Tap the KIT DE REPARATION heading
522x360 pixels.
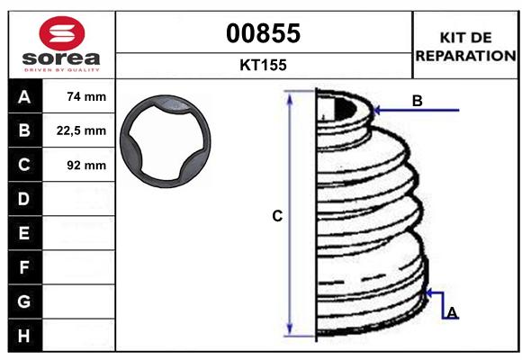tap(464, 46)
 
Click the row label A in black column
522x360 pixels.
tap(23, 97)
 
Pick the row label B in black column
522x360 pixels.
tap(23, 130)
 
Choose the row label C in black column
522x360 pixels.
tap(23, 165)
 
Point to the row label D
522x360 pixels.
tap(23, 199)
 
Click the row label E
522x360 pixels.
tap(23, 233)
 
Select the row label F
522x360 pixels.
tap(23, 267)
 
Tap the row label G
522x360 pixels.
tap(23, 301)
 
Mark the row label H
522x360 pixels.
tap(23, 335)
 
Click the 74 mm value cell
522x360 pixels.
tap(86, 97)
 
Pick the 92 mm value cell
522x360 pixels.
tap(86, 165)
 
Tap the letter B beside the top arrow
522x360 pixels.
tap(418, 101)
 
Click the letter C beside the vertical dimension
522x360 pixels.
tap(278, 216)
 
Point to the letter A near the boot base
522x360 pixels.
tap(452, 312)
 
